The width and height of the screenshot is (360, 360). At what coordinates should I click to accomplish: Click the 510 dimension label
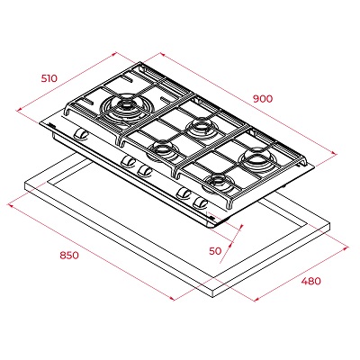coord(49,78)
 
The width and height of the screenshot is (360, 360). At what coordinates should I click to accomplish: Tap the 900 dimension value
coord(263,98)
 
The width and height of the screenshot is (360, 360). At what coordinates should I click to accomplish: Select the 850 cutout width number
coord(69,256)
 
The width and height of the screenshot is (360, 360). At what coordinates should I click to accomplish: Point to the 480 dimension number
coord(311,281)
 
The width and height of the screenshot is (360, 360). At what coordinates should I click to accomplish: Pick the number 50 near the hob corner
coord(215,251)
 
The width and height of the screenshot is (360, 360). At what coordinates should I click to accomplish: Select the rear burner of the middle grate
coord(200,126)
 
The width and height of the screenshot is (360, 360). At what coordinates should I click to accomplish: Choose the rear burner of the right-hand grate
coord(256,157)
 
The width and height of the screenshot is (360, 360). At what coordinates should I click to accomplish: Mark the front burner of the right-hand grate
coord(219,183)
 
